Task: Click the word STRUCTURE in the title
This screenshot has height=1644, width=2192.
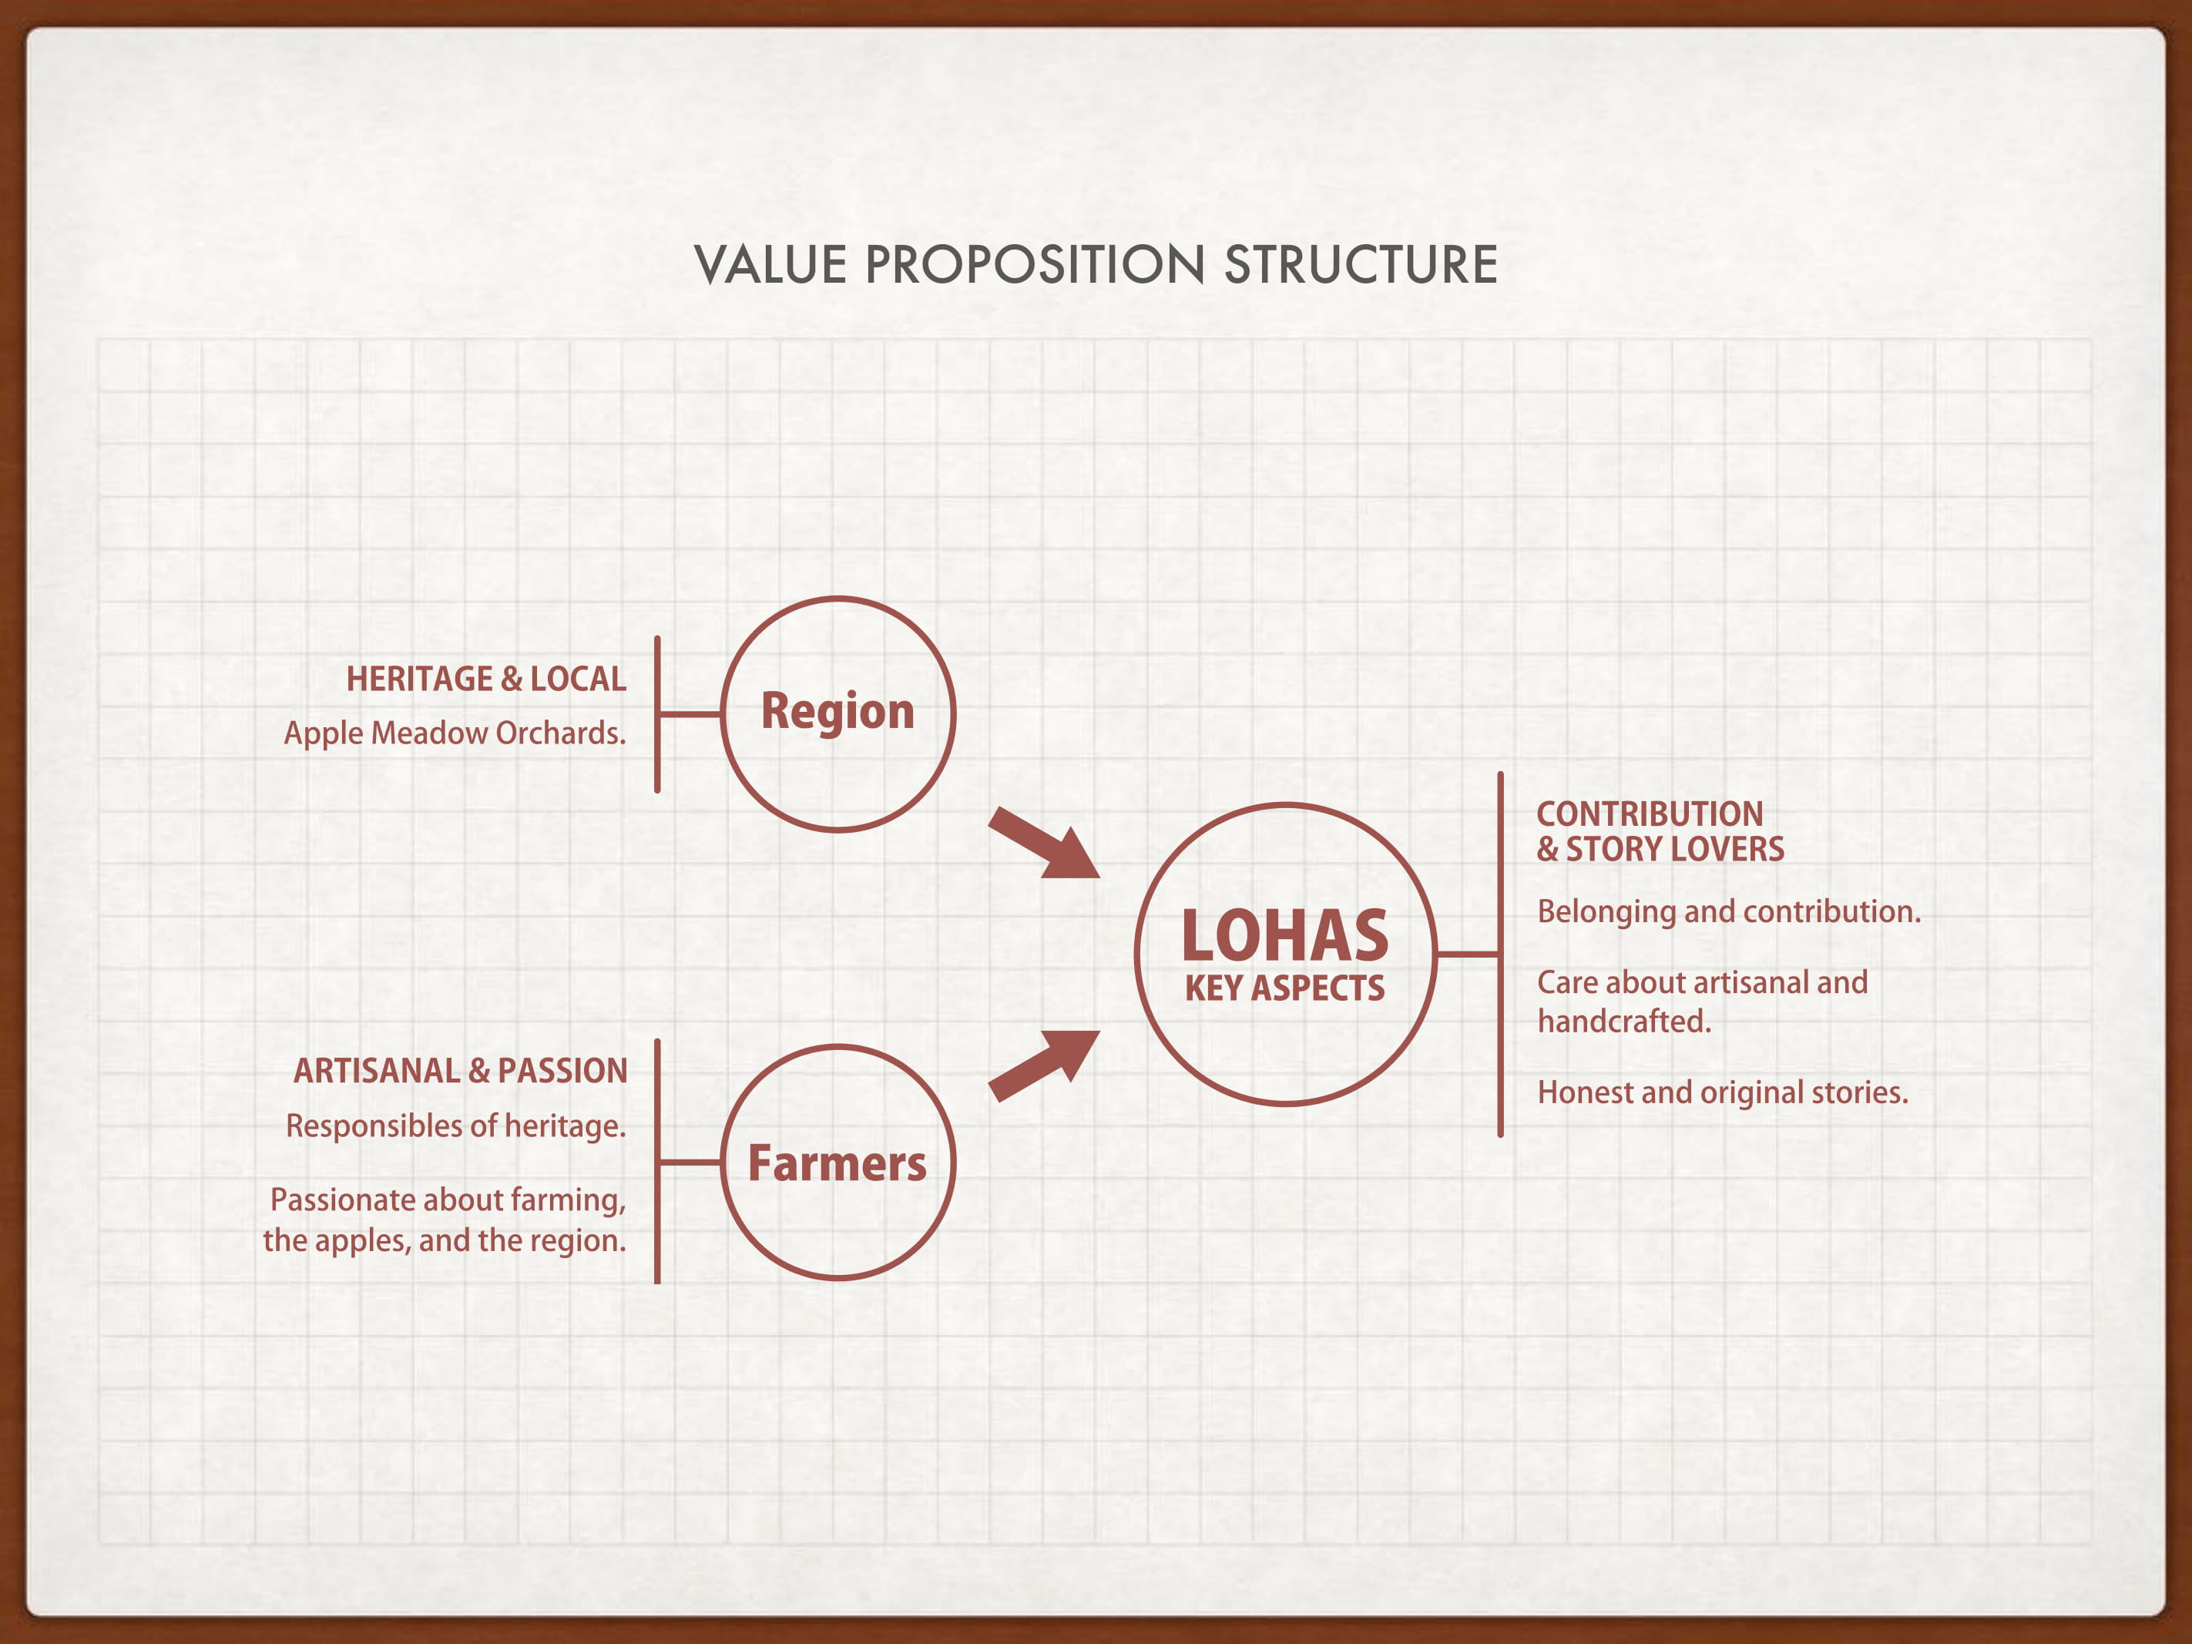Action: click(x=1361, y=266)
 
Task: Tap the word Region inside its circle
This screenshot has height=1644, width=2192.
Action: click(x=838, y=712)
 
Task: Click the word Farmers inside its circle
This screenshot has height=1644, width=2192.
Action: click(x=838, y=1163)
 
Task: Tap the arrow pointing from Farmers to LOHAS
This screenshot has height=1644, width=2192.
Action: click(x=1045, y=1065)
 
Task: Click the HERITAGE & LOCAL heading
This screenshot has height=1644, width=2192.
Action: click(x=485, y=679)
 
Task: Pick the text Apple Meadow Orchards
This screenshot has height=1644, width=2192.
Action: click(x=455, y=733)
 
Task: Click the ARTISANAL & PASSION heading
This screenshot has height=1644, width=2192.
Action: click(x=461, y=1072)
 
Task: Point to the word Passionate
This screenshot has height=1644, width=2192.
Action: click(x=342, y=1200)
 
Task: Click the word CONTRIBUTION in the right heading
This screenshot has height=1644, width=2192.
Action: click(x=1650, y=814)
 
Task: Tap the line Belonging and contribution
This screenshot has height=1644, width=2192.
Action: click(x=1728, y=911)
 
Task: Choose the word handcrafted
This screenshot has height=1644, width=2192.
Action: click(x=1624, y=1022)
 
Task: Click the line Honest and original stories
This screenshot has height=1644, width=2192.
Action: click(x=1722, y=1093)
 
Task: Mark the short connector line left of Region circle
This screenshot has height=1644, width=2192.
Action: click(x=690, y=713)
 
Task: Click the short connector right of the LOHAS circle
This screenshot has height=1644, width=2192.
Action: click(x=1468, y=955)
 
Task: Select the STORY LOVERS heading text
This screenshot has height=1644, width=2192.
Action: click(x=1675, y=849)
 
